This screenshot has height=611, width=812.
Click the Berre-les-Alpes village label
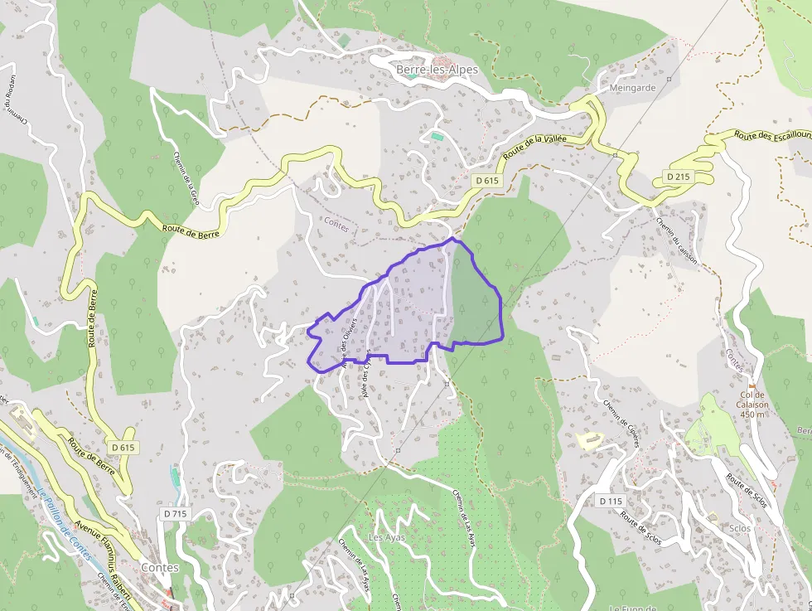pos(437,70)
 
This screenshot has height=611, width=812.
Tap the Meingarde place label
pos(632,87)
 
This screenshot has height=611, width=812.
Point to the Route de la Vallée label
pos(534,146)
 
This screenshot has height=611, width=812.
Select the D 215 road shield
pos(679,177)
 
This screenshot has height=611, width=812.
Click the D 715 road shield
pos(176,514)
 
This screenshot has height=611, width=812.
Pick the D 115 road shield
pos(610,501)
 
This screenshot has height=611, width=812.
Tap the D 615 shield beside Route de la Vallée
pos(488,180)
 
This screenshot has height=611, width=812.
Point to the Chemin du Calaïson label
pos(677,240)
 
